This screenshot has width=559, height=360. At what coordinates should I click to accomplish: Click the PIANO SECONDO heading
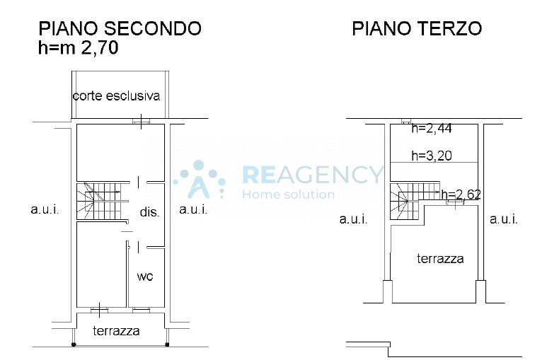[x=120, y=28]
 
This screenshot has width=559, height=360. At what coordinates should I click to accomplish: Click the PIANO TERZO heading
[x=417, y=28]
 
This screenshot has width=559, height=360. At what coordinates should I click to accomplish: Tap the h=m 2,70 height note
[x=78, y=47]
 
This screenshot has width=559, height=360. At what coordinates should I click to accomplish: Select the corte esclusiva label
[x=116, y=95]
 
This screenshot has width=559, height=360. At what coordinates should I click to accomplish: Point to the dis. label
[x=149, y=211]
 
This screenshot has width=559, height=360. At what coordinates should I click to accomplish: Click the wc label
[x=145, y=277]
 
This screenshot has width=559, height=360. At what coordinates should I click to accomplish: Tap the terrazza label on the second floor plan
[x=116, y=331]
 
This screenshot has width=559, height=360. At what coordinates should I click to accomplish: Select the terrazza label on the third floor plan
[x=440, y=258]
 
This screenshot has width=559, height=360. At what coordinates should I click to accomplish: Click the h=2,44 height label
[x=432, y=128]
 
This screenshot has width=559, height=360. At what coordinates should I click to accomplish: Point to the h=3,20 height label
[x=432, y=156]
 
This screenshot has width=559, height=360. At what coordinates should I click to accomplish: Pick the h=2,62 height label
[x=461, y=194]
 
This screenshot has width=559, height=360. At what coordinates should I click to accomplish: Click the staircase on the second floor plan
[x=99, y=201]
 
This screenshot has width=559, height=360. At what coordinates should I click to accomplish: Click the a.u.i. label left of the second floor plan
[x=45, y=209]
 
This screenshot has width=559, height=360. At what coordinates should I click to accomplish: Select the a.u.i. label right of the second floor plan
[x=193, y=209]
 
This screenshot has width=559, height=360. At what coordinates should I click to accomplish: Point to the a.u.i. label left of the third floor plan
[x=353, y=219]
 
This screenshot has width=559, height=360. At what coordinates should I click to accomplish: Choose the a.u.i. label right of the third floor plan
[x=503, y=219]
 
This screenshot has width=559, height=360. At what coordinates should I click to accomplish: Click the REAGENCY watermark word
[x=312, y=175]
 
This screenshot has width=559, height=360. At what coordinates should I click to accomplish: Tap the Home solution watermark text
[x=289, y=194]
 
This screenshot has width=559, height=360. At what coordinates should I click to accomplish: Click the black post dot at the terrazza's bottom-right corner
[x=167, y=344]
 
